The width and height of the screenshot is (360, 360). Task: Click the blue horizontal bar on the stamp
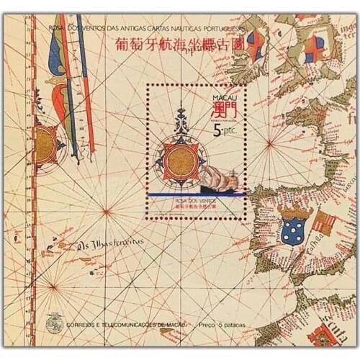[x=194, y=194]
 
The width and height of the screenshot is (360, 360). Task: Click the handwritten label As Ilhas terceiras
[x=105, y=243]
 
